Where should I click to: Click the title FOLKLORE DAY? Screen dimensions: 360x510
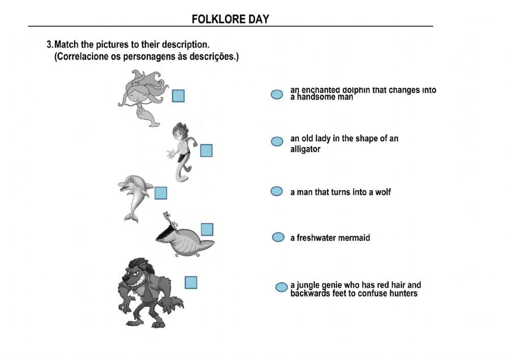pos(230,19)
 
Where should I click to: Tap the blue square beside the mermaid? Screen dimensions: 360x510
pos(178,96)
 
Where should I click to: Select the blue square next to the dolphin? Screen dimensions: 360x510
pos(161,193)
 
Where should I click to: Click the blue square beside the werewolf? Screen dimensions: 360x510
pos(191,282)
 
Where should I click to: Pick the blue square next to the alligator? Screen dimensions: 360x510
pos(207,229)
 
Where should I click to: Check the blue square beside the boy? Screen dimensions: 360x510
pos(206,150)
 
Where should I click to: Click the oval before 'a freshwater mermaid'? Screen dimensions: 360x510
pos(278,237)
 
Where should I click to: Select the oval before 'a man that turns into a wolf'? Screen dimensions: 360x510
pos(276,191)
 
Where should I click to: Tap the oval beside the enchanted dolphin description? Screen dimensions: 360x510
pos(276,94)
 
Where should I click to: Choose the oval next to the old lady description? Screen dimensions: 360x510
pos(277,141)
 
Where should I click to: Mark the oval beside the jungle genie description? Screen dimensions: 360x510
pos(281,287)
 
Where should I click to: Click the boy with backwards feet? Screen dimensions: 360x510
pos(182,151)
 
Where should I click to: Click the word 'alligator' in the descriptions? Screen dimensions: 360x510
pos(305,149)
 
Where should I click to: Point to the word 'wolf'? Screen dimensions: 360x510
pos(382,192)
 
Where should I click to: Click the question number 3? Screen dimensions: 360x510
pos(49,45)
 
